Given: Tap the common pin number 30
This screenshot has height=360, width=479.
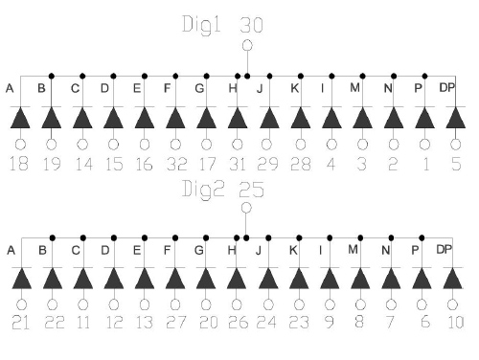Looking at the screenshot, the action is [251, 24].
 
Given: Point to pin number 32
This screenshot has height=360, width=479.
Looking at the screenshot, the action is [175, 165].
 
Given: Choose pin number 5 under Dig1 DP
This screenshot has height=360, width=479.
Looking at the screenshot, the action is [456, 165].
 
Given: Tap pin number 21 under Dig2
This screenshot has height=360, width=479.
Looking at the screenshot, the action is [20, 322].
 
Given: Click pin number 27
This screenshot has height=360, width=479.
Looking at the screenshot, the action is [175, 322].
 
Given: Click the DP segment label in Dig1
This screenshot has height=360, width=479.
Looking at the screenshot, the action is [446, 89].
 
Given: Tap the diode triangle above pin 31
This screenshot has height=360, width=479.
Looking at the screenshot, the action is [238, 118].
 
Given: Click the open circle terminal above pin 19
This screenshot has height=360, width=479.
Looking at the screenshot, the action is [51, 145].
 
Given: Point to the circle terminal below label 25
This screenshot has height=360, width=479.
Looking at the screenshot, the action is [246, 207].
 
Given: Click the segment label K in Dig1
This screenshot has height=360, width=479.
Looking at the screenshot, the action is [295, 89].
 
